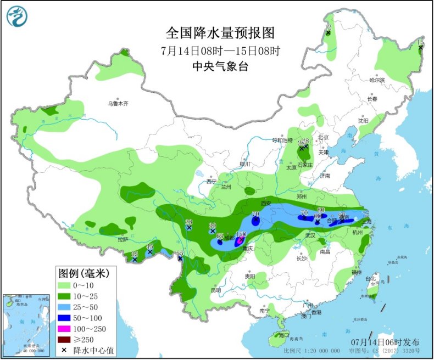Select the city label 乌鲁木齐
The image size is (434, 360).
coord(118,103)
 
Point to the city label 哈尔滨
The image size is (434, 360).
coord(377,80)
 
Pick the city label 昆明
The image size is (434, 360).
coord(215,290)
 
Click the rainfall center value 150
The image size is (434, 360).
coord(241,234)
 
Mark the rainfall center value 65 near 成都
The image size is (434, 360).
coord(220,236)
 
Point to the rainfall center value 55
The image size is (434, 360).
coord(179,253)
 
